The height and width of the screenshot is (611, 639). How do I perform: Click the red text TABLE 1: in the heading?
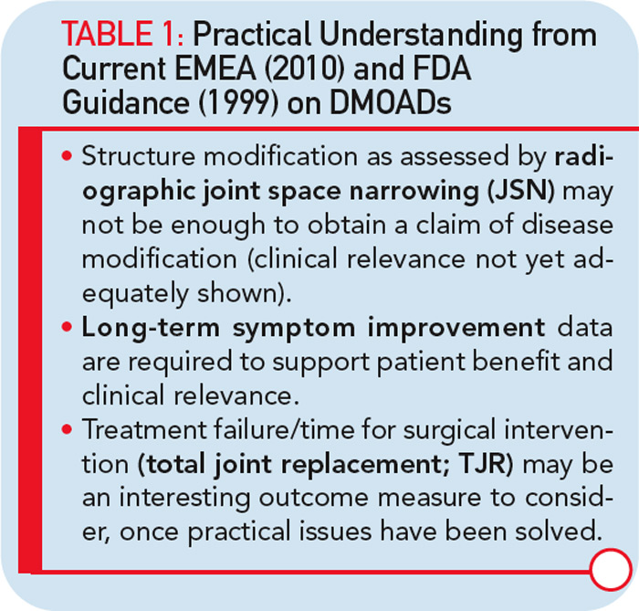pyautogui.click(x=122, y=34)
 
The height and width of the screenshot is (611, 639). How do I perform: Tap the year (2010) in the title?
pyautogui.click(x=305, y=68)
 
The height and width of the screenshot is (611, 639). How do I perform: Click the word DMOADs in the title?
pyautogui.click(x=390, y=102)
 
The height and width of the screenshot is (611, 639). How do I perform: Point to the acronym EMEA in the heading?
pyautogui.click(x=215, y=68)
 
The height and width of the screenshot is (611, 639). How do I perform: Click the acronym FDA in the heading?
pyautogui.click(x=442, y=68)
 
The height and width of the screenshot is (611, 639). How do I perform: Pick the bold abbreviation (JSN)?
pyautogui.click(x=521, y=191)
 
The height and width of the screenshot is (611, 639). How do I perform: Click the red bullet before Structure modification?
pyautogui.click(x=68, y=155)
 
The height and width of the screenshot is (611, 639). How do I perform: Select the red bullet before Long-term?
pyautogui.click(x=68, y=326)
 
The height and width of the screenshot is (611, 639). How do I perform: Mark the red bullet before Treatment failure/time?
pyautogui.click(x=68, y=429)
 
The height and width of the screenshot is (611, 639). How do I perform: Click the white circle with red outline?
pyautogui.click(x=611, y=569)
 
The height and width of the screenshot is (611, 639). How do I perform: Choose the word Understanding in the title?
pyautogui.click(x=420, y=36)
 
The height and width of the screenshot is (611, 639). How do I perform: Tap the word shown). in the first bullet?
pyautogui.click(x=245, y=293)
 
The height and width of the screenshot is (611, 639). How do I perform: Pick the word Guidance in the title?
pyautogui.click(x=126, y=102)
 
